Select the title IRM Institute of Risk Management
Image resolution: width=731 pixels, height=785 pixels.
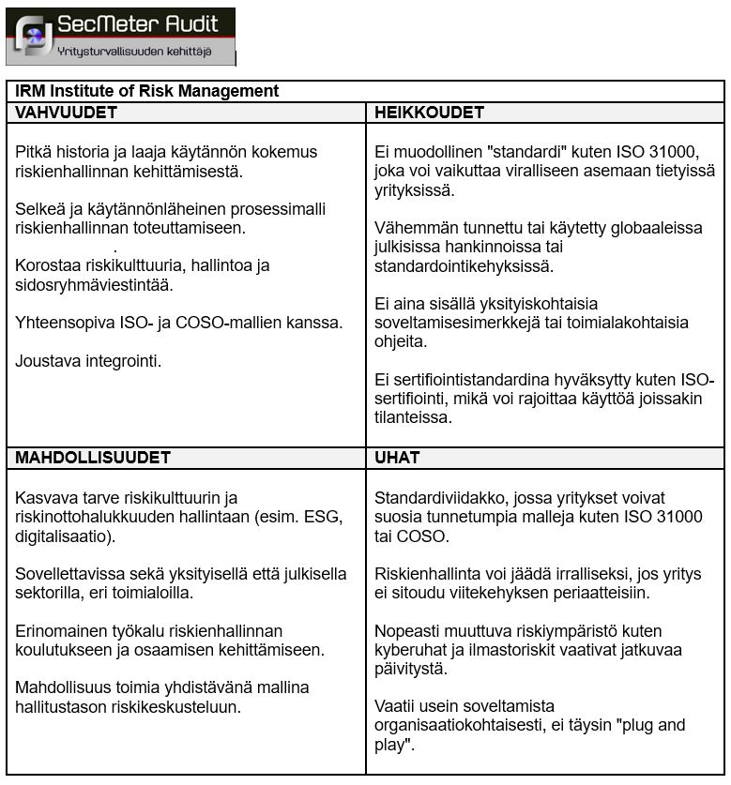pos(146,91)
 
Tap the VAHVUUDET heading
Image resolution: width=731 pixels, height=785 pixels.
pos(66,113)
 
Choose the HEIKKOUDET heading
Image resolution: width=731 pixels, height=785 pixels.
pos(429,113)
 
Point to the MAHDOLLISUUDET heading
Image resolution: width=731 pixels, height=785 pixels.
pos(93,458)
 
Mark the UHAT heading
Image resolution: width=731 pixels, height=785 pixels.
pos(397,458)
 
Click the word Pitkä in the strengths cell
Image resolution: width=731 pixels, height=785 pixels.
pos(34,152)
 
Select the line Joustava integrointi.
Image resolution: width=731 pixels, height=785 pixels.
pos(88,360)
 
